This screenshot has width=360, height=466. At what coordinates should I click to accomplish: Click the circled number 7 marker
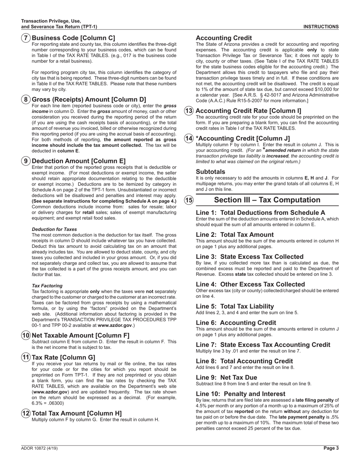(26, 38)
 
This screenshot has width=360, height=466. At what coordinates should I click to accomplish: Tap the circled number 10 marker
(26, 335)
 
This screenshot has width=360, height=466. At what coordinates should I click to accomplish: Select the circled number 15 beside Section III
(189, 200)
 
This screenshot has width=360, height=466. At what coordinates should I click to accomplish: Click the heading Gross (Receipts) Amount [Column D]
(89, 100)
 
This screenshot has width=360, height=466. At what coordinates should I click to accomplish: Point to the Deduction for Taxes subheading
(54, 229)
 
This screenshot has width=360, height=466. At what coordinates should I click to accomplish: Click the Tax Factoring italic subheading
(47, 286)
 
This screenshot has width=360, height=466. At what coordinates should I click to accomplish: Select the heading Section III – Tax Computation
(267, 200)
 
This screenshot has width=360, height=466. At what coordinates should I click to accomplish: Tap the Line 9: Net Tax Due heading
(226, 377)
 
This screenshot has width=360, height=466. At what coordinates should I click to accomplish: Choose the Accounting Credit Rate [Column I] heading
(248, 111)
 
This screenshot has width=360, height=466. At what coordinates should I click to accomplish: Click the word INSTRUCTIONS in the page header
(321, 27)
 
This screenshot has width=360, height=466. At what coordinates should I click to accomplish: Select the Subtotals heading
(210, 172)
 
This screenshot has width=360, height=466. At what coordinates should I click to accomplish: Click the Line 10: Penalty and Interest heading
(241, 394)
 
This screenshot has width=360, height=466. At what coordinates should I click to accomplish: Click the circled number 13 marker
(189, 111)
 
